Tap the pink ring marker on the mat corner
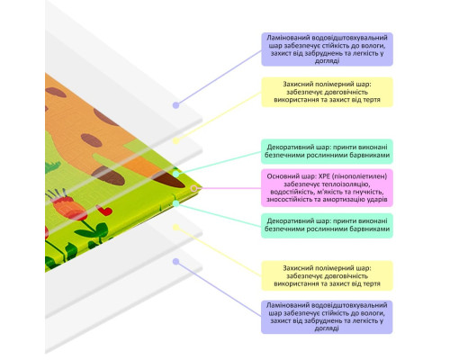click(194, 188)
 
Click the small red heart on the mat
click(104, 210)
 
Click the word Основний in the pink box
click(280, 176)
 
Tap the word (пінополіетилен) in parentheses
click(360, 176)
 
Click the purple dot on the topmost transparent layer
click(176, 105)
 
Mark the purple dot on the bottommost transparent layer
click(176, 262)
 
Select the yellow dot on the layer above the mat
click(176, 141)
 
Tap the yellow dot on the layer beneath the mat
click(176, 228)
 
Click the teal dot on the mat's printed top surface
click(176, 174)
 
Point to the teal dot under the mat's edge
click(176, 203)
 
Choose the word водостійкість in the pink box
click(290, 192)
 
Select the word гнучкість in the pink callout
click(369, 192)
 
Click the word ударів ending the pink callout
click(376, 200)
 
